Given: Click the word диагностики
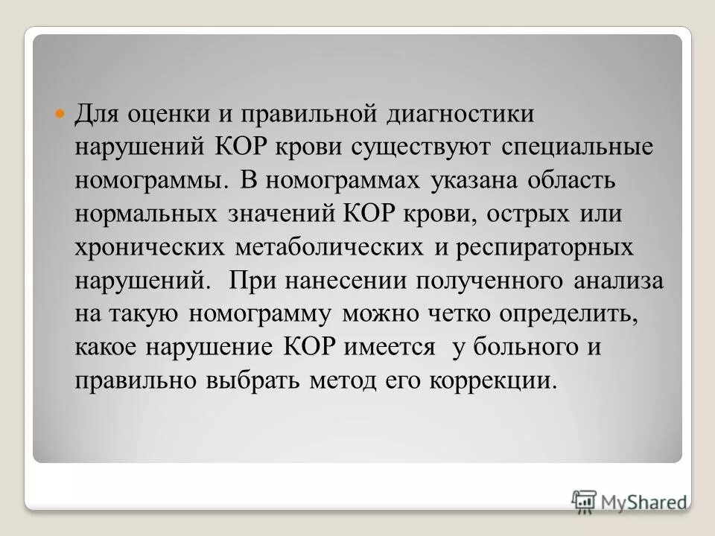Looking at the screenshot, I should pos(461,115).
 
